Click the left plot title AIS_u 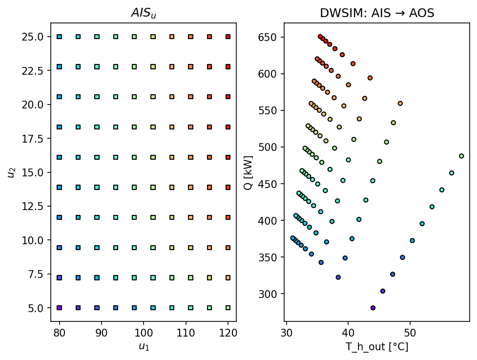pos(143,14)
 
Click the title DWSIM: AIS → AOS pos(377,14)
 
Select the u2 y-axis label pos(11,172)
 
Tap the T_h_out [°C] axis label pos(377,347)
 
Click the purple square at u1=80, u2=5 pos(59,308)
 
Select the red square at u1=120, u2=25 pos(228,37)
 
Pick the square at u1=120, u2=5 pos(228,308)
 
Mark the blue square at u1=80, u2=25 pos(59,37)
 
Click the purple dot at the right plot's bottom pos(373,308)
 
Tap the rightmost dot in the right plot pos(461,156)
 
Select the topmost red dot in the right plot pos(320,37)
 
